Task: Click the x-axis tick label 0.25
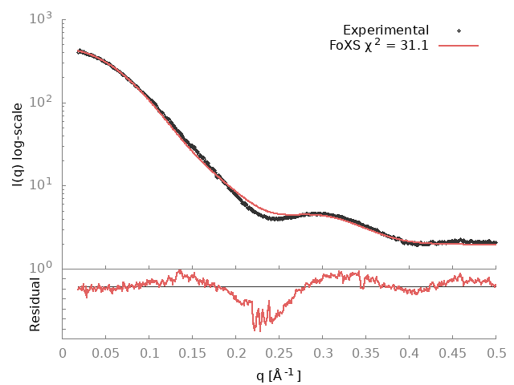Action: tap(279, 353)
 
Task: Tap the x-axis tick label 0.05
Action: tap(106, 353)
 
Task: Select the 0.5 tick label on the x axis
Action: tap(496, 353)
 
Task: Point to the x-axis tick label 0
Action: tap(63, 353)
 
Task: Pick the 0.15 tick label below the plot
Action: tap(193, 353)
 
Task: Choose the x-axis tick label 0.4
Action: tap(410, 353)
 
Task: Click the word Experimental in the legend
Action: tap(385, 30)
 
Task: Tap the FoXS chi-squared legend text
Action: tap(378, 45)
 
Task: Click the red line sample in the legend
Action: tap(459, 46)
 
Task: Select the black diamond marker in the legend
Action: tap(459, 30)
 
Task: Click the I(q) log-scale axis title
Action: tap(18, 144)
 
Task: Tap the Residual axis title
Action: tap(35, 304)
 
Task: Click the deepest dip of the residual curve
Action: tap(259, 331)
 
